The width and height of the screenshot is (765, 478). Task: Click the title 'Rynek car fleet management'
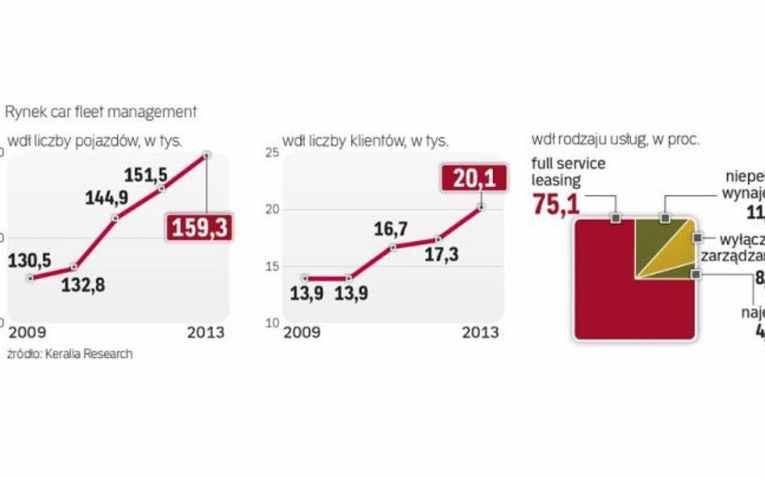(x=102, y=111)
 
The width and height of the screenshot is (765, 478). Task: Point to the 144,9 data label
(x=103, y=198)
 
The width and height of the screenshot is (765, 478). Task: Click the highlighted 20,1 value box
(x=474, y=178)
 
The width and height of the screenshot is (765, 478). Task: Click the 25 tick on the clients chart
(x=272, y=152)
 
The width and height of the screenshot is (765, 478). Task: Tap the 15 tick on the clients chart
(x=272, y=267)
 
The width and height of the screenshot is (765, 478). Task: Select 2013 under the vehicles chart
(x=206, y=333)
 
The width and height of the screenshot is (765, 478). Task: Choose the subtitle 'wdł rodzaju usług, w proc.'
(x=615, y=139)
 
